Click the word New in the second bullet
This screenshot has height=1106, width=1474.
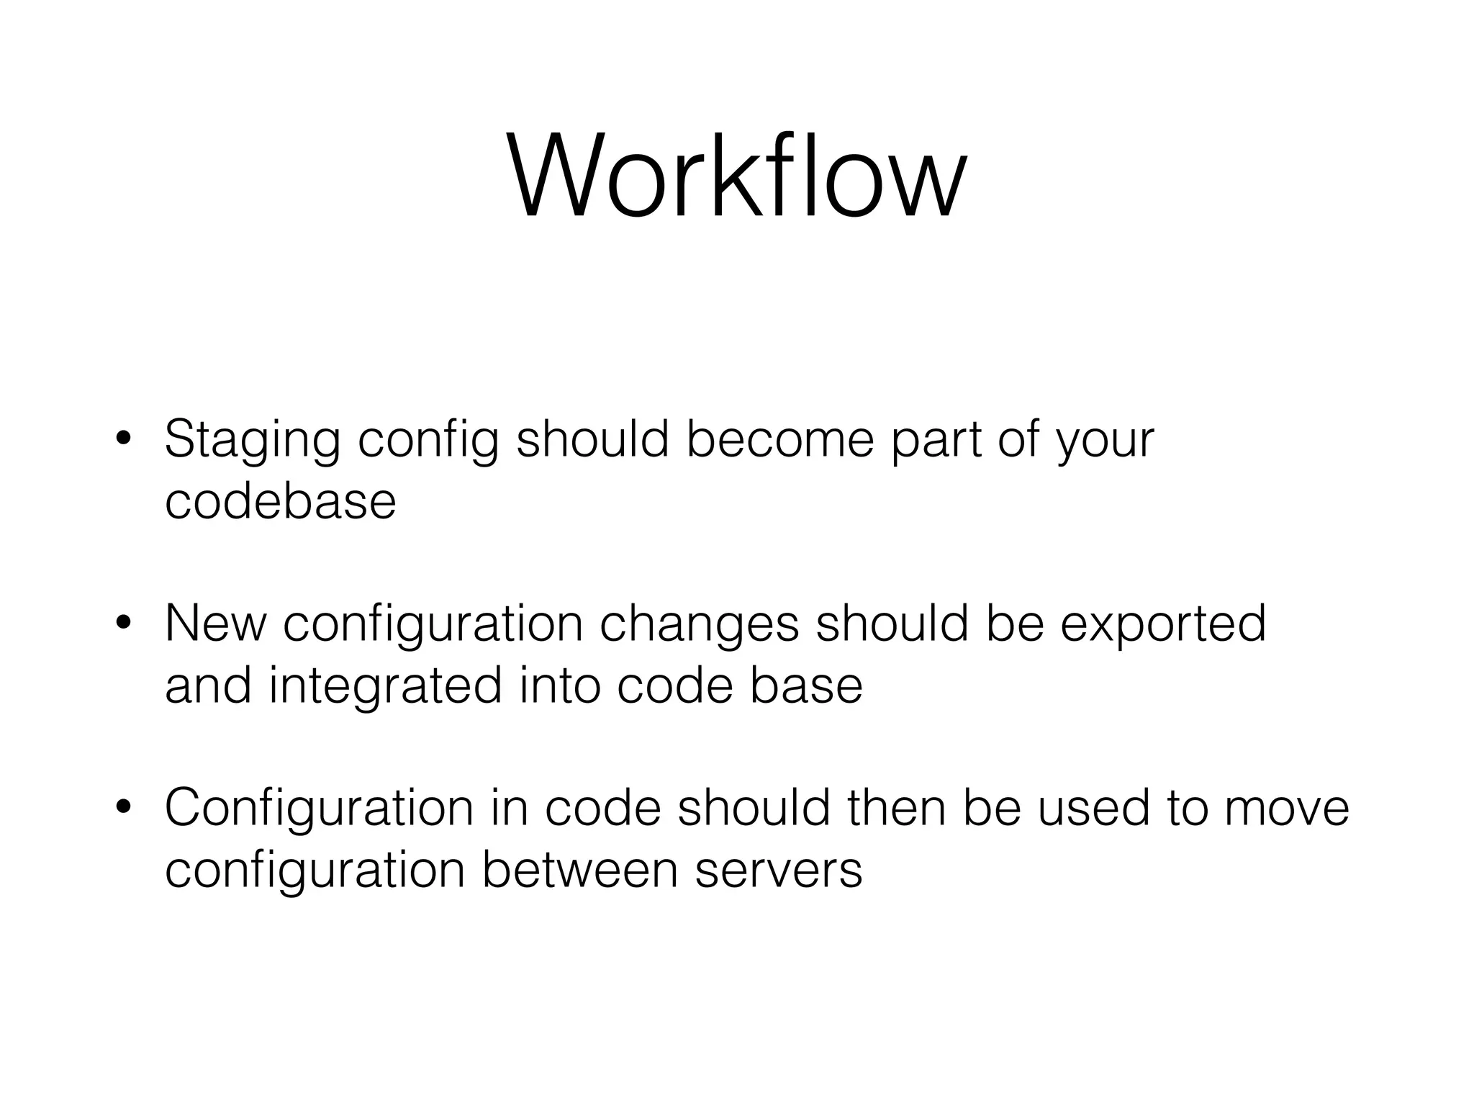coord(215,624)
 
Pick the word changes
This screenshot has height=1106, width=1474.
coord(699,625)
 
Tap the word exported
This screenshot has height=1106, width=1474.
coord(1162,625)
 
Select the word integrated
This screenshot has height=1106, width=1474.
coord(385,686)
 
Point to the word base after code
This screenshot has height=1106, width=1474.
coord(806,685)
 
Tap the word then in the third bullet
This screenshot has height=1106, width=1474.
coord(897,808)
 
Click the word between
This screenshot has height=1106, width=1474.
coord(579,870)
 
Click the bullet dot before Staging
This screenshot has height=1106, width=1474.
coord(125,440)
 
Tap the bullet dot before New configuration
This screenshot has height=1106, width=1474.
coord(125,624)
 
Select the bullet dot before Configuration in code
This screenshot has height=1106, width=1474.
coord(125,808)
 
